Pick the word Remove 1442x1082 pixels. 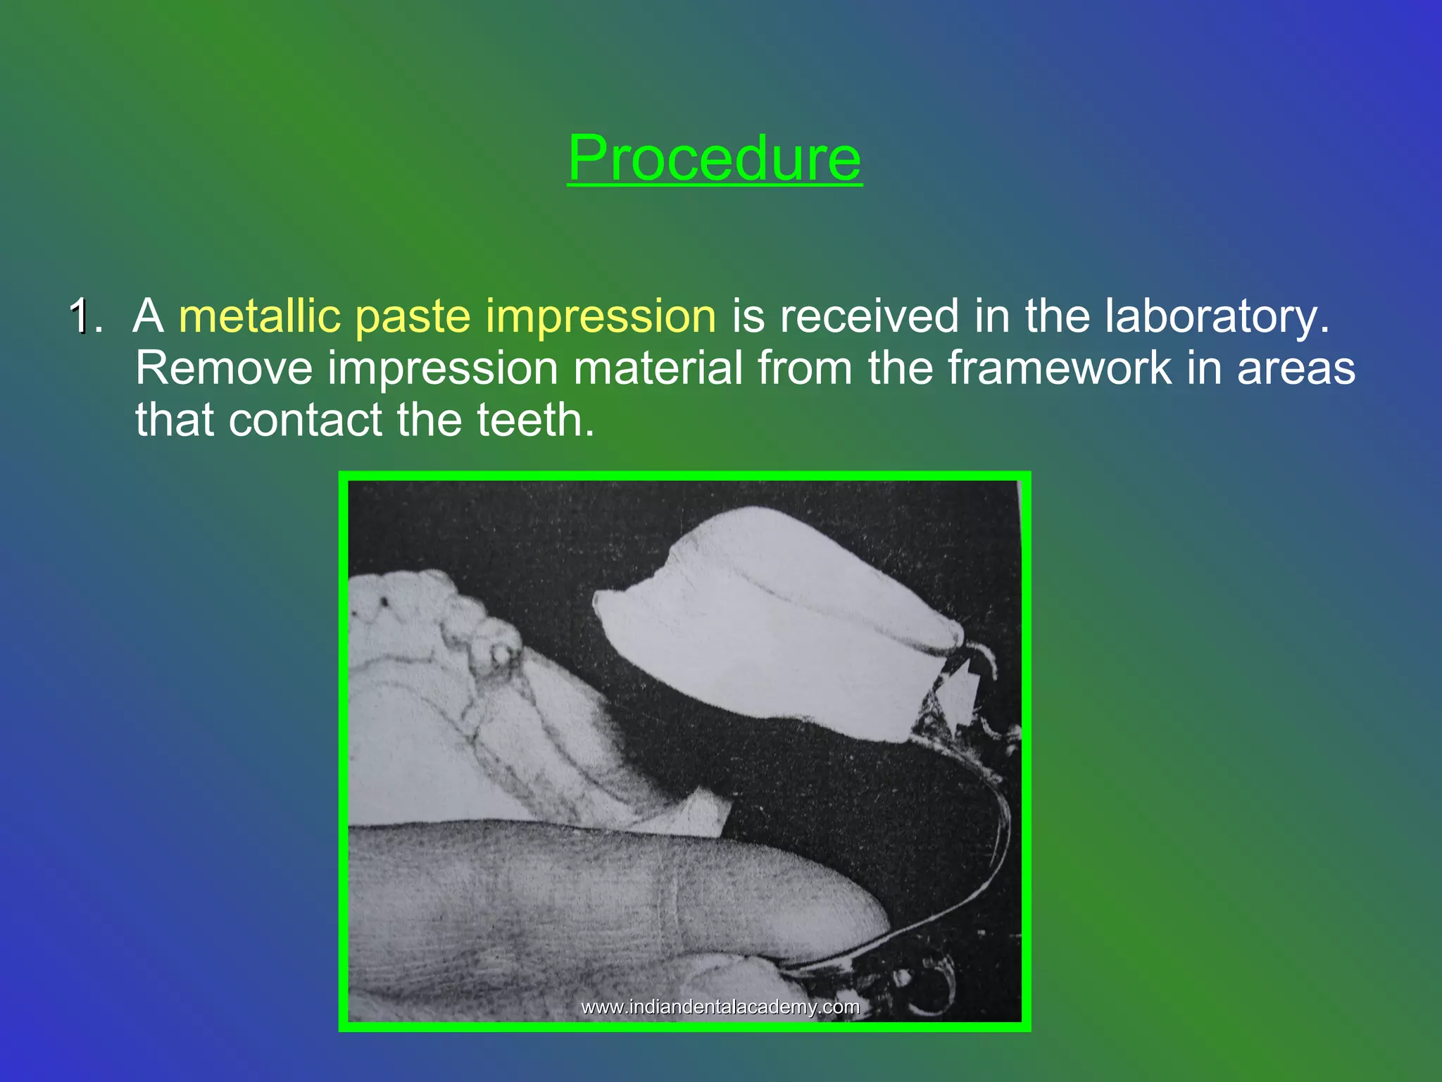[223, 368]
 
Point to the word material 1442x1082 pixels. [658, 368]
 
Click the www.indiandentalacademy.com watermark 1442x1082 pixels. [720, 1007]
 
